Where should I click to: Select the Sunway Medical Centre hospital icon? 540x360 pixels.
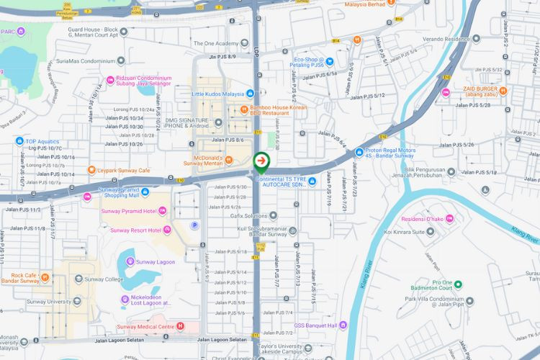(180, 326)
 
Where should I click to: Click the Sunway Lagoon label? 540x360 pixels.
(156, 261)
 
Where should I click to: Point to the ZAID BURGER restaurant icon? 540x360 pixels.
(503, 91)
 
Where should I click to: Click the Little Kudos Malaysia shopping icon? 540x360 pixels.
(250, 94)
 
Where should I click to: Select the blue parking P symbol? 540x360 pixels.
(194, 225)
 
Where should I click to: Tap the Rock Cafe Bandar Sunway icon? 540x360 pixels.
(45, 276)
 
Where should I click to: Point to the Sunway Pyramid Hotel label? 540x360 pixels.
(130, 211)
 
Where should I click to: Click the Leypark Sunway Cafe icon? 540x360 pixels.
(91, 170)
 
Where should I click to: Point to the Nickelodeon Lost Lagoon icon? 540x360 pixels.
(125, 299)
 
